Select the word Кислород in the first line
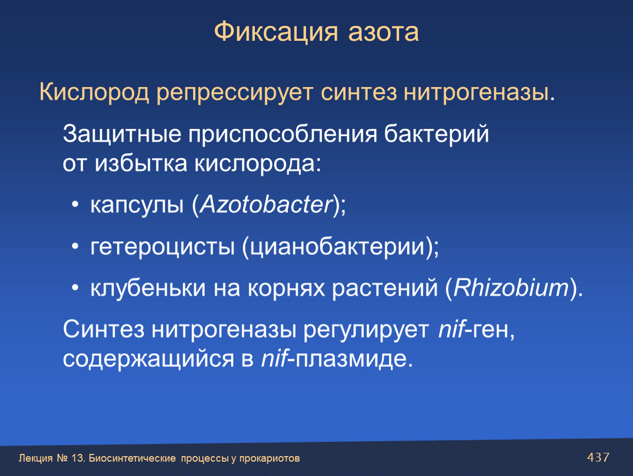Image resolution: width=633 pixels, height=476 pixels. click(x=94, y=92)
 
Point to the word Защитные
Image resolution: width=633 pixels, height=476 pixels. click(x=122, y=134)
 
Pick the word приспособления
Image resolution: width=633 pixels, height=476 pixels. click(x=282, y=134)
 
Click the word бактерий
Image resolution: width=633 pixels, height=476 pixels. click(x=436, y=134)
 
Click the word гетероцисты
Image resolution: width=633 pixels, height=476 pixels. click(x=162, y=247)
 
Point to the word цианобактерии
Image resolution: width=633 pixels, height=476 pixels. click(x=337, y=247)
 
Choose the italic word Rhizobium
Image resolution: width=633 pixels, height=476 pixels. click(x=511, y=288)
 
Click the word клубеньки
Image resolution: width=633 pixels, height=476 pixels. click(x=148, y=288)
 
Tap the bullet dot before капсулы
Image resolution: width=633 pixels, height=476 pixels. click(x=75, y=205)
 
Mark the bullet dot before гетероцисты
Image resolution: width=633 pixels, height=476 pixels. click(x=75, y=246)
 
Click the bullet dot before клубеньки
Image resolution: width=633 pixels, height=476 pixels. click(x=75, y=288)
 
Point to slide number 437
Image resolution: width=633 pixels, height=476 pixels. click(x=598, y=457)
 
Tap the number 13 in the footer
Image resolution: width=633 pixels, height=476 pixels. click(x=78, y=458)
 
